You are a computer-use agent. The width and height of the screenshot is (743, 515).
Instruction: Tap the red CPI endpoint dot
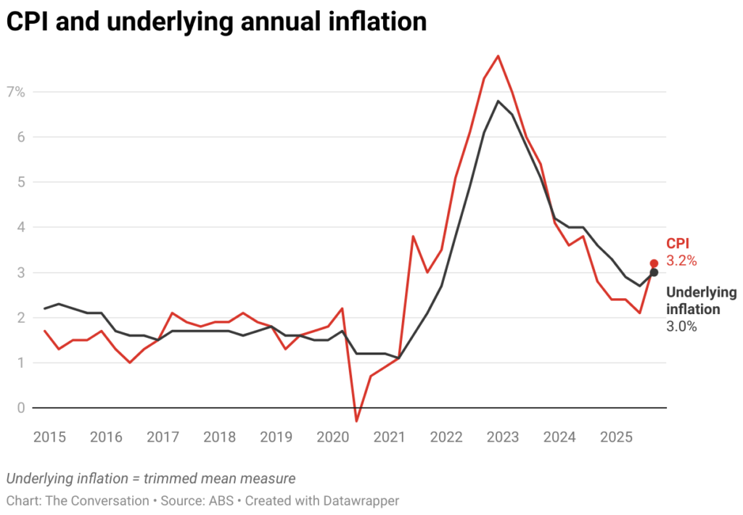click(654, 263)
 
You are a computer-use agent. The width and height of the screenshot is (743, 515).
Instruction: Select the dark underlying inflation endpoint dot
click(654, 272)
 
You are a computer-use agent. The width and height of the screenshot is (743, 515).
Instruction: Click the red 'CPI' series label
click(678, 244)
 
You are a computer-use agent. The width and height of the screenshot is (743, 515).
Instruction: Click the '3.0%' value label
click(681, 326)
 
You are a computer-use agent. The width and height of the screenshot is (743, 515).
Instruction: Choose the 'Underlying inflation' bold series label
click(700, 301)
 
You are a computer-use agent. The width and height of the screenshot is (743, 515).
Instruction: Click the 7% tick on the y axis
click(16, 92)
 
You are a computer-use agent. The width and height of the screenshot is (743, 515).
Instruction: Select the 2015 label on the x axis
click(49, 437)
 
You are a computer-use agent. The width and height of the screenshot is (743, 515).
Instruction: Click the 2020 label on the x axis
click(333, 437)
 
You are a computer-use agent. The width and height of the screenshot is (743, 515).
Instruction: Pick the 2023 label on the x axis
click(503, 437)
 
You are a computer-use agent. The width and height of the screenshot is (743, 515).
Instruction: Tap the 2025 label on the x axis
click(616, 437)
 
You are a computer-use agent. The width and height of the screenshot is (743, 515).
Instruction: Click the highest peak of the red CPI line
click(498, 56)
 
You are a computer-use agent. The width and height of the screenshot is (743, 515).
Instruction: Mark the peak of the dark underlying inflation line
click(498, 101)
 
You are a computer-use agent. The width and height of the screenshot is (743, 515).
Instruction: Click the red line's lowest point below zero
click(356, 421)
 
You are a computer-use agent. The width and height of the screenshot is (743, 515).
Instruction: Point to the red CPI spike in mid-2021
click(413, 236)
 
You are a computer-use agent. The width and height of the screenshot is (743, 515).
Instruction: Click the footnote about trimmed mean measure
click(150, 478)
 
